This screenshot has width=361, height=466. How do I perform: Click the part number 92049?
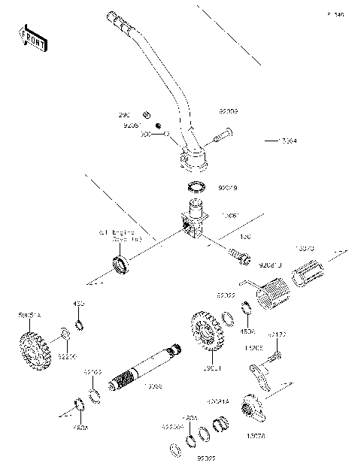tap(228, 189)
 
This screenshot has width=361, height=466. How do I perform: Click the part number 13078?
tap(255, 434)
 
